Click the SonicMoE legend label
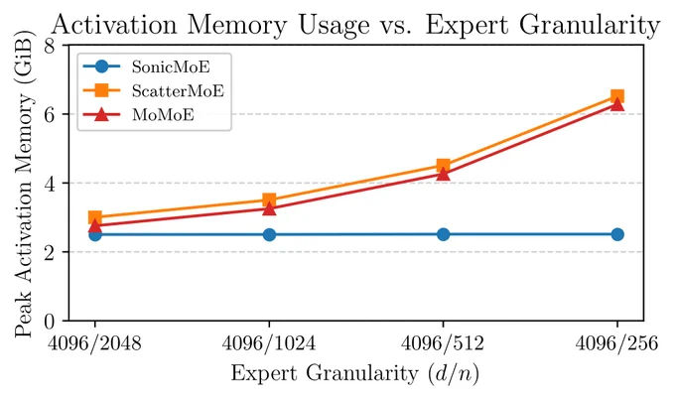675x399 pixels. [171, 66]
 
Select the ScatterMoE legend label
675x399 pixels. [179, 91]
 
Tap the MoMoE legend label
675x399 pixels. [163, 115]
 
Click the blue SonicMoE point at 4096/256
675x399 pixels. [617, 234]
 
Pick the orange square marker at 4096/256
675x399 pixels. [617, 96]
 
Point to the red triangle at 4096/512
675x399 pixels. [443, 174]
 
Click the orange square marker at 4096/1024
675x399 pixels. [269, 199]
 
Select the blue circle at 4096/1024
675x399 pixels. [269, 234]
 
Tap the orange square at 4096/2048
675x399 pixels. [94, 217]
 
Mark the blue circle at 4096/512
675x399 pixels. [443, 234]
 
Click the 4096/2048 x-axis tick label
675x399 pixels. [94, 343]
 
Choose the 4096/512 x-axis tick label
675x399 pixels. [443, 343]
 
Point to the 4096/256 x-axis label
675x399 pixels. [617, 343]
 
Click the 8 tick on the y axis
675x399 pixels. [50, 46]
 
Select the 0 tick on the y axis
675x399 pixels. [50, 322]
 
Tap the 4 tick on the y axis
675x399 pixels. [50, 184]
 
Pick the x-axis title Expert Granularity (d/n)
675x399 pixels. [355, 373]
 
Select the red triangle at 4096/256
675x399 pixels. [617, 104]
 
